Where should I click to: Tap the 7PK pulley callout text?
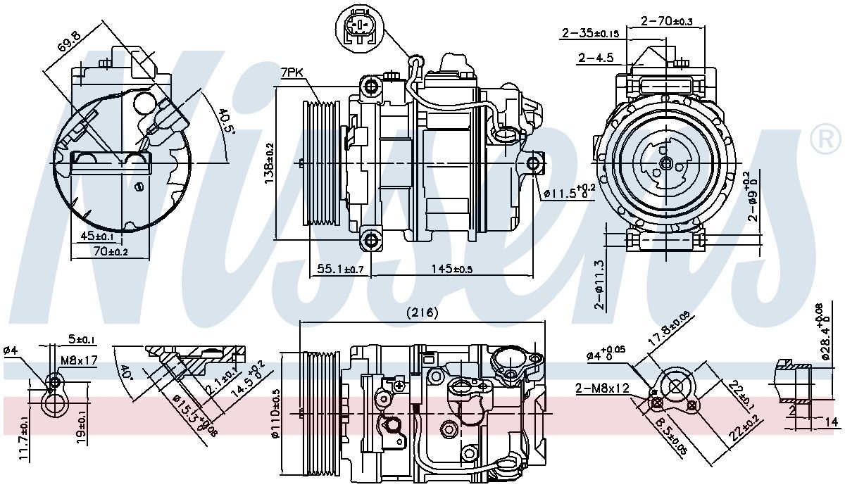click(292, 72)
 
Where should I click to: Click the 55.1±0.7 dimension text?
click(340, 269)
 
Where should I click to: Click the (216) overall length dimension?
click(423, 313)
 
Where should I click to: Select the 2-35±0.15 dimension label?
click(590, 33)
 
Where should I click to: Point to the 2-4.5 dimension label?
click(596, 58)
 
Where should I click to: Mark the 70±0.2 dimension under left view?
click(110, 251)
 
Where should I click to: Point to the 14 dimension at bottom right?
click(831, 422)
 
